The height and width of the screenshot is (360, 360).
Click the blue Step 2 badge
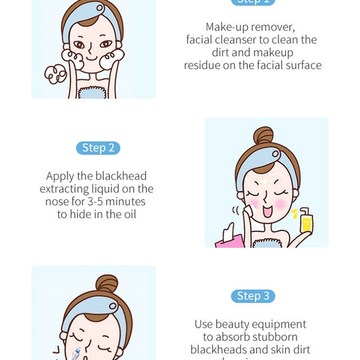[x=98, y=148]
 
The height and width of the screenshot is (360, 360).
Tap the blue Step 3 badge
[x=253, y=296]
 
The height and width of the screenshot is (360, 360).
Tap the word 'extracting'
[x=66, y=189]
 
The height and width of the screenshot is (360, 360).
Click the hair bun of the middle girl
[x=263, y=136]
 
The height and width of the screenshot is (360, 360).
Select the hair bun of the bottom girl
[x=106, y=284]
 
